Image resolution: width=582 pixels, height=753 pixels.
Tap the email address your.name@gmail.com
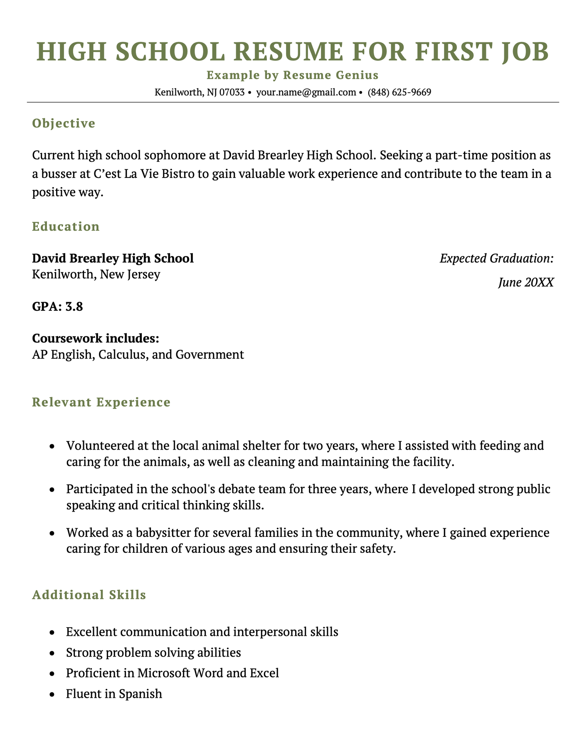tap(306, 92)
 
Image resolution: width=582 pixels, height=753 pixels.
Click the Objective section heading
tap(64, 123)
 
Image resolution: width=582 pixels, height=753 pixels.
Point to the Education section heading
tap(66, 226)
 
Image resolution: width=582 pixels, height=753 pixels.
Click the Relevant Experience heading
tap(101, 402)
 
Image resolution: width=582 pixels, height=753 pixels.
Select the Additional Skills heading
tap(89, 595)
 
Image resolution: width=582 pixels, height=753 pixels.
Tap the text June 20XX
tap(525, 283)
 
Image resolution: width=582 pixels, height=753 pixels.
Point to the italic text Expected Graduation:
tap(496, 258)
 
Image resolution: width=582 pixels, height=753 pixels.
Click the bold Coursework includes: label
tap(96, 339)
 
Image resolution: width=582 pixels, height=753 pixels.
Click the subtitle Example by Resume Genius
tap(292, 75)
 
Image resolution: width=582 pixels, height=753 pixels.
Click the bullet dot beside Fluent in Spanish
tap(52, 694)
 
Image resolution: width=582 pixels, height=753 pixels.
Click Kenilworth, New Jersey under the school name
tap(96, 275)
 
